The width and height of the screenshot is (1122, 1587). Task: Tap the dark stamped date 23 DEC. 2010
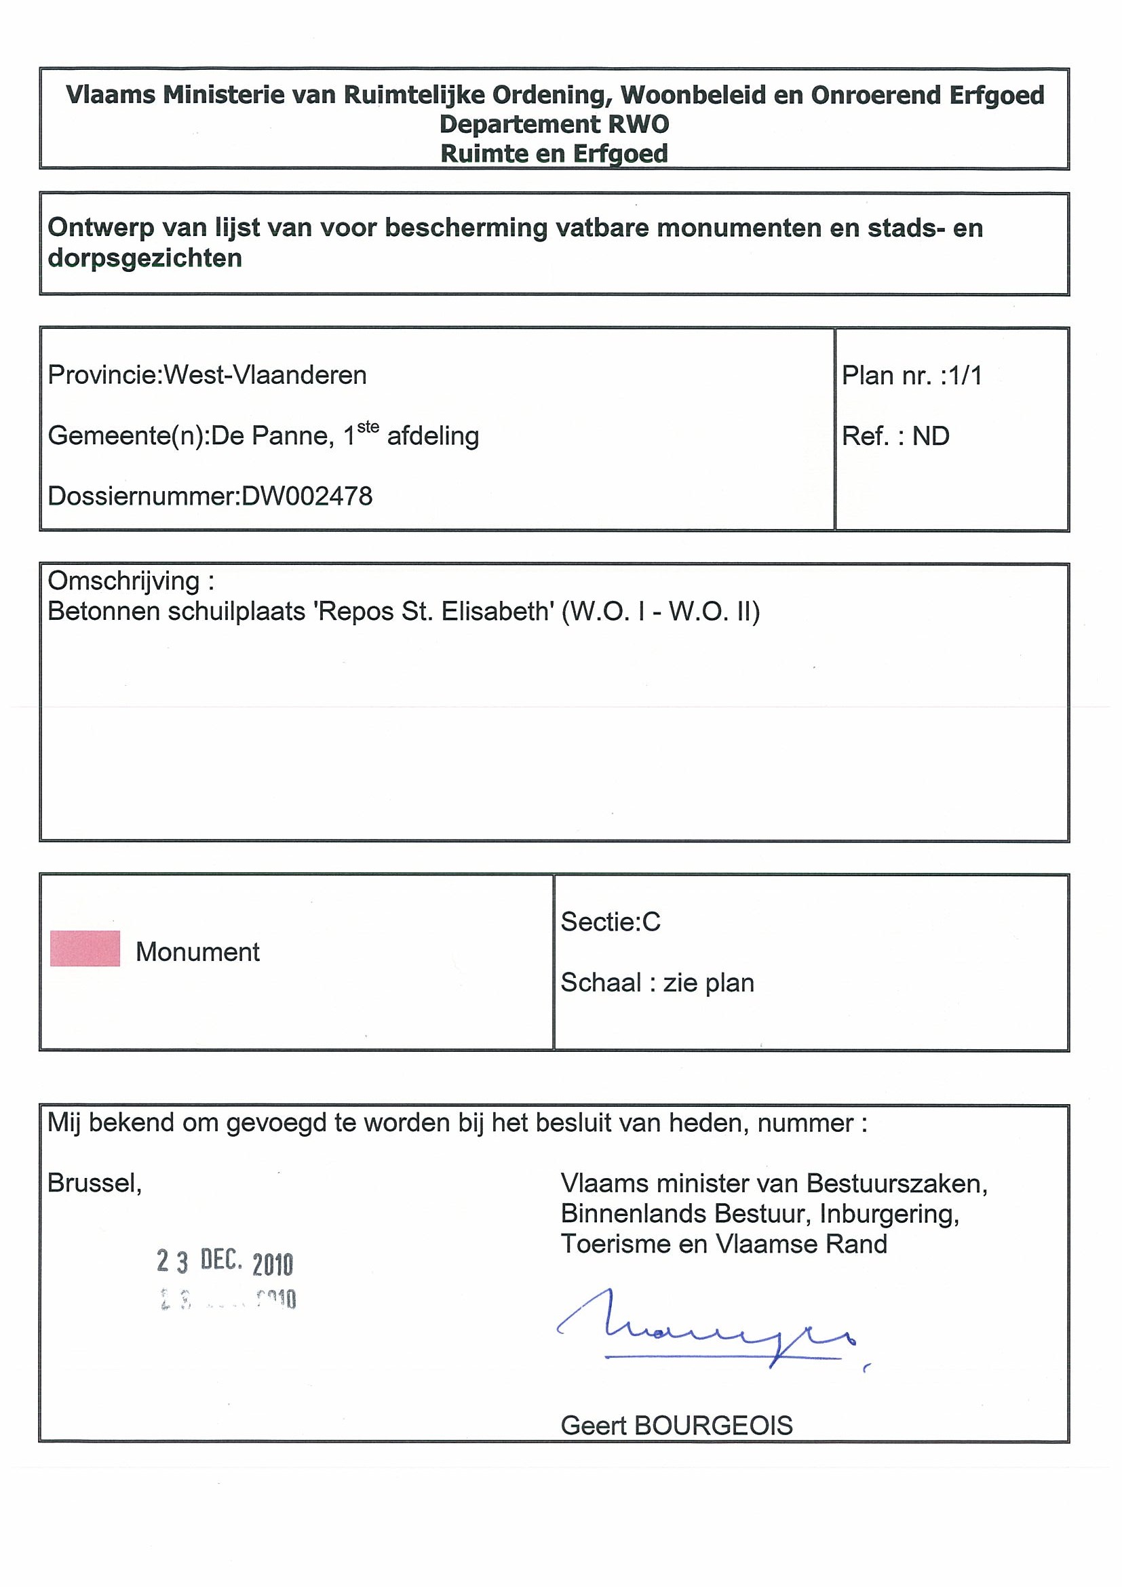click(225, 1262)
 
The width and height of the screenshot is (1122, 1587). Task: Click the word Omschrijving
click(124, 581)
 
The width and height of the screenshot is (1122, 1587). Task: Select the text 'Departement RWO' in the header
click(554, 124)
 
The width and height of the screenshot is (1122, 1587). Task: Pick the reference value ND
click(931, 436)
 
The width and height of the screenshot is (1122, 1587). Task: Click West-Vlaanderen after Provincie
click(265, 375)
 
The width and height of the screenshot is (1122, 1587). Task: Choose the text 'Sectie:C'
click(611, 922)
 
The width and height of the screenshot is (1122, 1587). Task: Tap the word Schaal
click(600, 982)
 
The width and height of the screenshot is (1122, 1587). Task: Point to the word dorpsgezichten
click(144, 258)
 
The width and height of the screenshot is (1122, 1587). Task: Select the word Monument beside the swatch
click(197, 952)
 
